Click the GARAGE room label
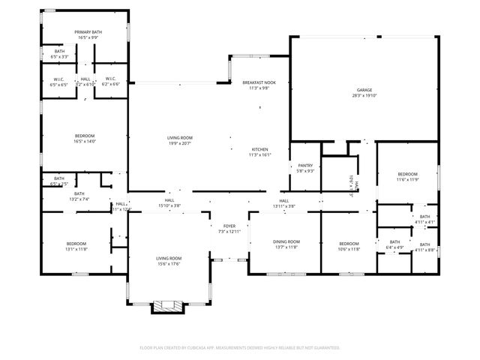[364, 90]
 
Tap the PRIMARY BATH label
[87, 31]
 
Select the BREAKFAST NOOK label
[258, 82]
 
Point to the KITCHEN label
[259, 149]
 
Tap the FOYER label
[229, 226]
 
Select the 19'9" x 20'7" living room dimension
[180, 143]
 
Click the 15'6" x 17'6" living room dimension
[169, 263]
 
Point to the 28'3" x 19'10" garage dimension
[364, 95]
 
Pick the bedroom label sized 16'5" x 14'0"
[84, 136]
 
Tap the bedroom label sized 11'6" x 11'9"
[406, 173]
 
